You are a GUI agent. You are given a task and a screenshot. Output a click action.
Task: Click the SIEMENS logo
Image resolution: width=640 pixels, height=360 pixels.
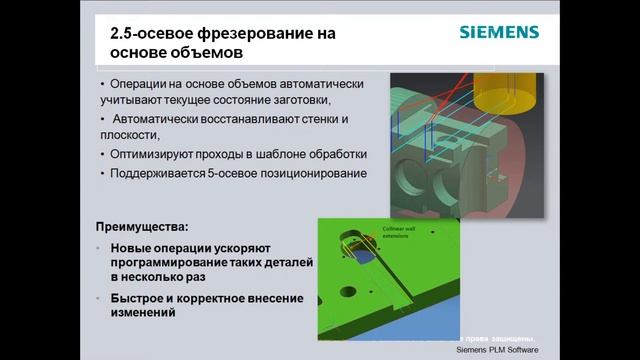499,32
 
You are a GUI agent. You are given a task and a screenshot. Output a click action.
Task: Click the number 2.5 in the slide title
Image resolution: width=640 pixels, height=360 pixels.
124,33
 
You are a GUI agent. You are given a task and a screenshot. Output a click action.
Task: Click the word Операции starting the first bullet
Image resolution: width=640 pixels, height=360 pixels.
143,84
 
